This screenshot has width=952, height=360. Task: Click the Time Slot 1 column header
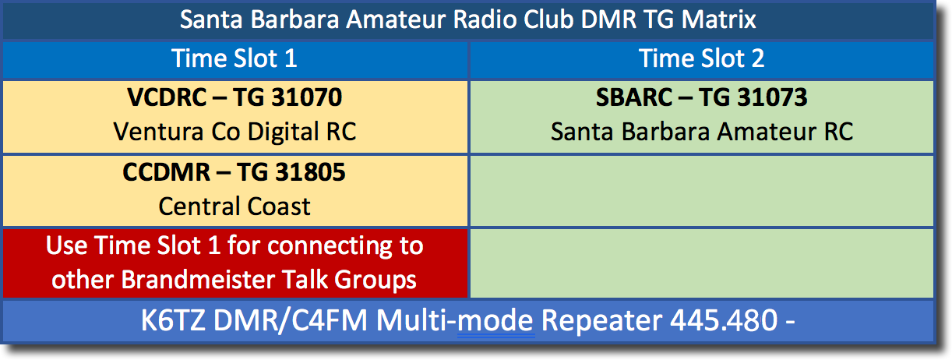pos(234,58)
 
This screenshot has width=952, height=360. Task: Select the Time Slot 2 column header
pos(701,58)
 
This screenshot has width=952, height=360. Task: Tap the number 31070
pos(306,97)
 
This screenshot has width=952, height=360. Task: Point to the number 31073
pos(772,97)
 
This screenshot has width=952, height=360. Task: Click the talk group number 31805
pos(310,172)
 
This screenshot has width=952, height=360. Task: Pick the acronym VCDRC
pos(167,97)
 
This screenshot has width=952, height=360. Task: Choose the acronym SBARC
pos(634,97)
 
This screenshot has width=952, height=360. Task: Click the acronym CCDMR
pos(166,172)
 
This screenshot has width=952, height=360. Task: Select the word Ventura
pos(158,132)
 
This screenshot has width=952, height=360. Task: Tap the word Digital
pos(283,132)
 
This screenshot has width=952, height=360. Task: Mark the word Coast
pos(279,206)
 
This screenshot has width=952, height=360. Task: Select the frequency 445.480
pos(724,320)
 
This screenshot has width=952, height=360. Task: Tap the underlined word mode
pos(495,320)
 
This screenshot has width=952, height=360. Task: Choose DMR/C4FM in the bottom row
pos(291,320)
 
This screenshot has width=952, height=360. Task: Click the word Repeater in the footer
pos(601,321)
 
